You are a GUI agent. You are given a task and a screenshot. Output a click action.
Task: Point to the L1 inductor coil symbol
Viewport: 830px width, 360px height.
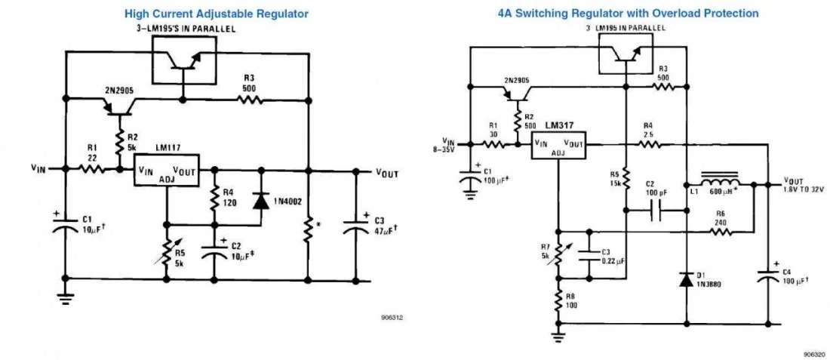(x=721, y=183)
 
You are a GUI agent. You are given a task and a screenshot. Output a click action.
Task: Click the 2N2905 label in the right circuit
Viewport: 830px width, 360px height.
(x=517, y=79)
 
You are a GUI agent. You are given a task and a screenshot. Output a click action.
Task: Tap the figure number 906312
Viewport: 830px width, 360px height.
(x=392, y=318)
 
